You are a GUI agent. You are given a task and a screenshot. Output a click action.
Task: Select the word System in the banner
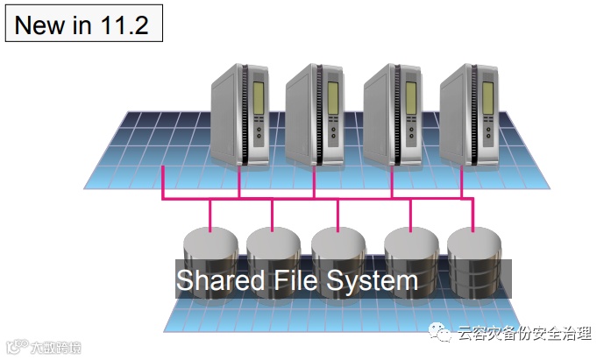[373, 281]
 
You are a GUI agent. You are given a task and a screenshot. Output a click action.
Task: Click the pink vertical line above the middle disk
[337, 214]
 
